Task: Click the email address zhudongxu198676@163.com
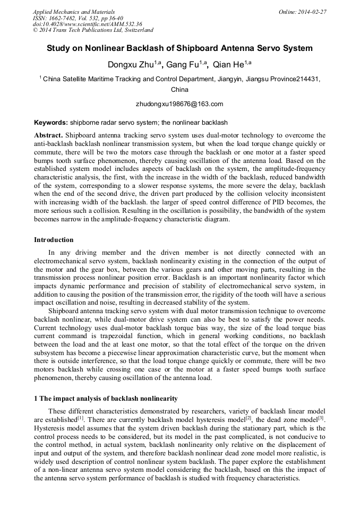pos(179,104)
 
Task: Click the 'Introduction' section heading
pos(54,240)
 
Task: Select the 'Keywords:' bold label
pos(51,123)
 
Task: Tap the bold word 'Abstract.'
pos(48,135)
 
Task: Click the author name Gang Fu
pos(183,65)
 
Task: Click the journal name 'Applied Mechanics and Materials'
pos(74,12)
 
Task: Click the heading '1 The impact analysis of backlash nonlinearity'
pos(106,398)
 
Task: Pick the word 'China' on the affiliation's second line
pos(179,90)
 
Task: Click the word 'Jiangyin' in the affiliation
pos(213,79)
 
